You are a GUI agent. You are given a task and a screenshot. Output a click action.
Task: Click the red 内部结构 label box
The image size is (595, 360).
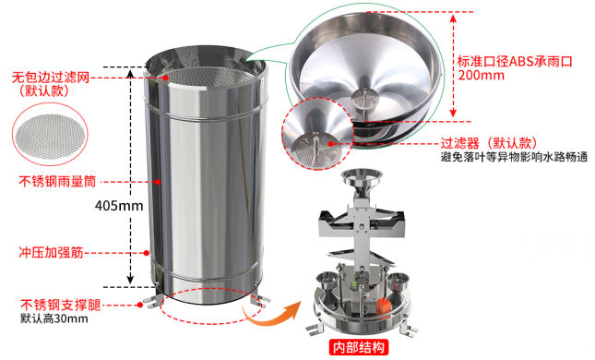point(359,347)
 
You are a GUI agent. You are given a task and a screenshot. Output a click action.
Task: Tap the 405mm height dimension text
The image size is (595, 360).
point(119,206)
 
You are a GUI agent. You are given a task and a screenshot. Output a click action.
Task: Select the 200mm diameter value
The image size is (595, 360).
point(482,75)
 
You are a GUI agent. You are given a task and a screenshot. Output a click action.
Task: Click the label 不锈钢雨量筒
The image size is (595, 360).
point(58,182)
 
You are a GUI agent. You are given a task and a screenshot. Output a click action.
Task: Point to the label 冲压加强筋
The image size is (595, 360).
point(52,253)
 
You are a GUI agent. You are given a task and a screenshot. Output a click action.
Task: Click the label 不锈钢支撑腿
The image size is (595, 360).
point(61,305)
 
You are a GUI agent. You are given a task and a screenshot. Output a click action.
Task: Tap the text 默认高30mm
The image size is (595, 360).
point(54,318)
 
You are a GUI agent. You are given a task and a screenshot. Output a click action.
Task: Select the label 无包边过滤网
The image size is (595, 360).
point(51,78)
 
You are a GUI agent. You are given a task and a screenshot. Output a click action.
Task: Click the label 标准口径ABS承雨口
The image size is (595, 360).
point(515,62)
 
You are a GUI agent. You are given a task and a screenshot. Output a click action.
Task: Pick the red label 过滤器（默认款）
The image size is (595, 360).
point(490,143)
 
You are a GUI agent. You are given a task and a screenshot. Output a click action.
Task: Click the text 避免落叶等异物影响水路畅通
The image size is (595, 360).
point(514,156)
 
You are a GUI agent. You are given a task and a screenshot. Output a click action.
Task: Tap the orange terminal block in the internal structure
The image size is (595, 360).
point(383,306)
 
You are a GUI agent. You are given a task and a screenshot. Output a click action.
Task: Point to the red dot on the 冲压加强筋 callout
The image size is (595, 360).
point(147,253)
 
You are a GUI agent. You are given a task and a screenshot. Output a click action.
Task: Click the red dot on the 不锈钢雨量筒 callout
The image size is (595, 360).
point(158,182)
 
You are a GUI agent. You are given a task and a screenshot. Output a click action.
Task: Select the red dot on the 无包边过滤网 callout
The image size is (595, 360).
point(166,78)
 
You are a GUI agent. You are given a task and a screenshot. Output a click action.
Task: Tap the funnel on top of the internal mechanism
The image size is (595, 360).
point(361,183)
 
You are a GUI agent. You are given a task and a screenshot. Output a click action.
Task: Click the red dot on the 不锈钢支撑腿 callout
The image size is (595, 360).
point(140,305)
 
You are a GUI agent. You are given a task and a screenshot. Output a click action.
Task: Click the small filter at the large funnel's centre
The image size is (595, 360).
point(364,99)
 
